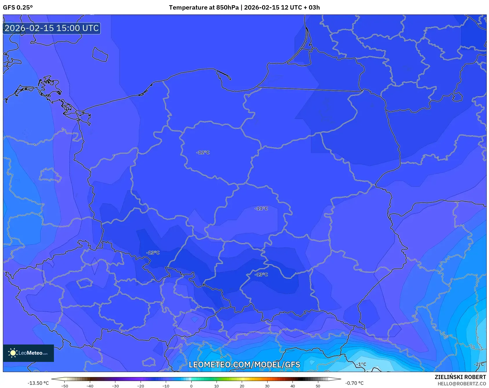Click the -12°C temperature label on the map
point(203,153)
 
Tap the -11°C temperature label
point(261,208)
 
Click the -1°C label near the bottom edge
point(361,364)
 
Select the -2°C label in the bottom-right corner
point(479,364)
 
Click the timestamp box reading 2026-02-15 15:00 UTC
point(52,28)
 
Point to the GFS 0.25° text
point(18,8)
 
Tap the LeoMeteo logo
point(28,353)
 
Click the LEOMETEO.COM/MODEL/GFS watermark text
point(244,365)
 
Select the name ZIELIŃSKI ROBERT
point(460,377)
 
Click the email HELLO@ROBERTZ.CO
point(461,384)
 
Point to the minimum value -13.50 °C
point(38,383)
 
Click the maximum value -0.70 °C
point(354,383)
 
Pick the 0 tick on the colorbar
point(191,386)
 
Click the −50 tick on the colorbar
point(65,386)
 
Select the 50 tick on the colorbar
point(318,386)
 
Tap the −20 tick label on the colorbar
point(141,386)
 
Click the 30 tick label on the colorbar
point(267,386)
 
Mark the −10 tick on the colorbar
point(166,386)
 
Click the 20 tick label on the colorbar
point(242,386)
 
